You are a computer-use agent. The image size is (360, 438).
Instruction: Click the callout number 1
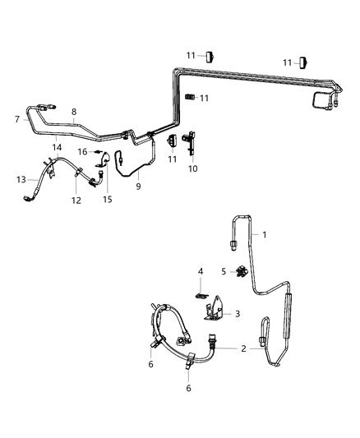[265, 234]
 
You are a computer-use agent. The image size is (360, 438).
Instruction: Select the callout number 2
[243, 349]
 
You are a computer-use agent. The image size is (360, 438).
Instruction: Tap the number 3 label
[238, 313]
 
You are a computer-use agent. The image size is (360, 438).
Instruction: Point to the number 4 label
[200, 271]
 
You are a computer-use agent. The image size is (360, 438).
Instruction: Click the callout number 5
[223, 271]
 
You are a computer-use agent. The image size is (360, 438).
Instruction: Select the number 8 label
[73, 112]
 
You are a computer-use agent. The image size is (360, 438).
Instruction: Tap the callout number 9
[139, 187]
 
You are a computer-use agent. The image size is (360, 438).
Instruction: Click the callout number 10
[193, 169]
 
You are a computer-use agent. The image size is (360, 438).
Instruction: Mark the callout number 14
[57, 146]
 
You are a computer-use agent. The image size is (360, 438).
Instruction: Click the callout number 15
[107, 199]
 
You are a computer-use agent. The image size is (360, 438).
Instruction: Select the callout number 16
[82, 151]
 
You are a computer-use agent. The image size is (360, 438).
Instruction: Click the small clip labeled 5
[242, 272]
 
